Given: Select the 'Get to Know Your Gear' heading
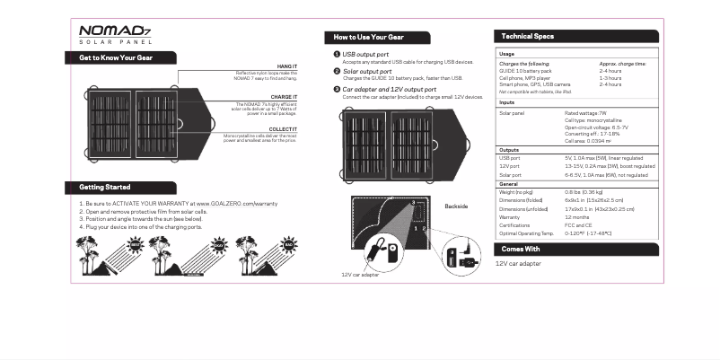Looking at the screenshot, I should [x=116, y=58].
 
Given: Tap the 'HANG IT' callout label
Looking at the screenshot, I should [x=287, y=66].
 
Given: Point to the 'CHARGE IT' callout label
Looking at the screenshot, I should [x=284, y=97].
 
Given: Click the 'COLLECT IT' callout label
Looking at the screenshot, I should [x=282, y=130].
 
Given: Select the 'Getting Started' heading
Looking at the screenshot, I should [x=105, y=188].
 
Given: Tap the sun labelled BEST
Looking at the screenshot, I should [x=136, y=243].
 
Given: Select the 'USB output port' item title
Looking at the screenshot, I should [x=365, y=55].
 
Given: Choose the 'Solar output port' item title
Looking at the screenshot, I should [x=367, y=71].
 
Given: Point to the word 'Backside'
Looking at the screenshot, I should [x=456, y=206].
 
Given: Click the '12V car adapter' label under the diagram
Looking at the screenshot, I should [x=359, y=275].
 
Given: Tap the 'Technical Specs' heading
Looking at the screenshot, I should [x=527, y=36].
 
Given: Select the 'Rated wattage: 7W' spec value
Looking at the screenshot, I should [x=585, y=113].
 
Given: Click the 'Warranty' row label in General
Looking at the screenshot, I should [x=509, y=216].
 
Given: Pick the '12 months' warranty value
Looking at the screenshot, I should [x=577, y=216].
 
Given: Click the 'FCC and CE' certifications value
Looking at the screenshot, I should [x=579, y=224].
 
